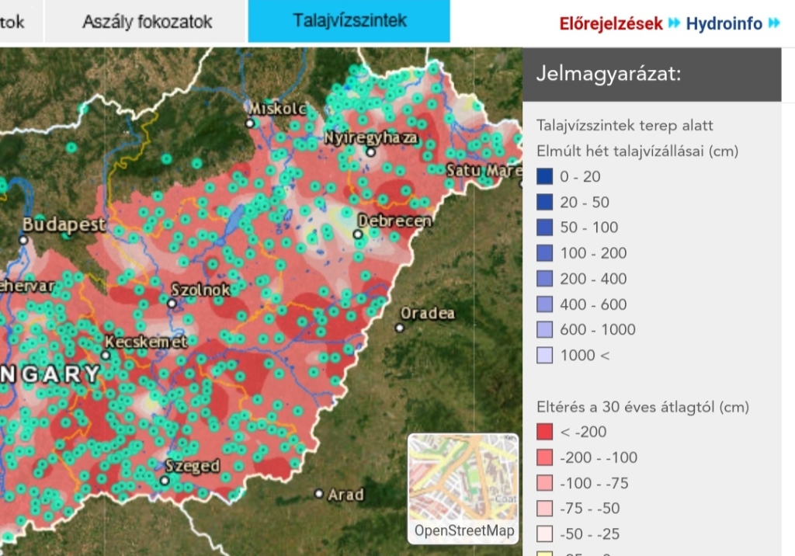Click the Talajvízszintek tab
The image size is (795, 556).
(x=349, y=21)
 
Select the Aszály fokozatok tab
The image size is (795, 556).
(x=147, y=22)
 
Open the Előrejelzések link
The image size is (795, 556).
(x=611, y=23)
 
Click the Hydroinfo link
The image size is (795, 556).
(x=724, y=23)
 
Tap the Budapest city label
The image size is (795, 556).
(x=64, y=224)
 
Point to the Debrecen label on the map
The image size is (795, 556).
(x=394, y=221)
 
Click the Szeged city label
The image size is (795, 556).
(x=193, y=466)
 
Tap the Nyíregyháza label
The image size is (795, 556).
(x=371, y=138)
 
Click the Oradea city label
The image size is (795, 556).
(x=427, y=313)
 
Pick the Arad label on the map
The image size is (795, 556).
(x=345, y=494)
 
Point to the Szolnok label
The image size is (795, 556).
(x=200, y=290)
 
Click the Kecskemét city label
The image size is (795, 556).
(x=145, y=342)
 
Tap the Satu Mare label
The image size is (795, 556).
(x=483, y=170)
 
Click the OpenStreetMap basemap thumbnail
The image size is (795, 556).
(x=463, y=487)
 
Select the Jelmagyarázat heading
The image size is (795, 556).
(x=608, y=75)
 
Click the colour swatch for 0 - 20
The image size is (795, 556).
(x=545, y=177)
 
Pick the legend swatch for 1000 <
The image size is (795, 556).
(x=545, y=356)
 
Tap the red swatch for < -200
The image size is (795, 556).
(x=545, y=432)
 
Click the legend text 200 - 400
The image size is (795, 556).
(x=593, y=279)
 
